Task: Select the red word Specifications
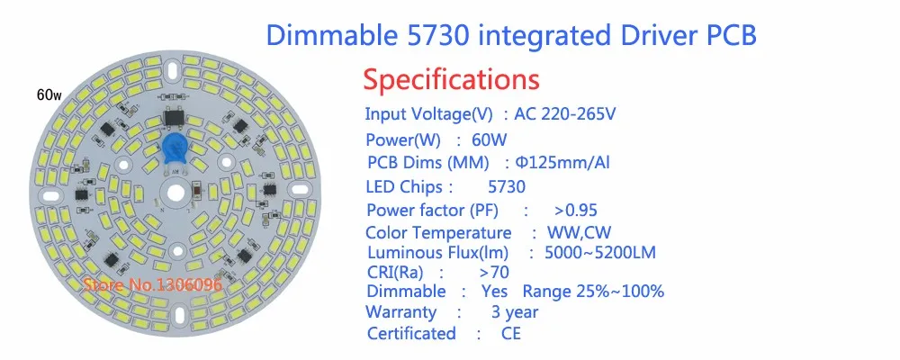point(451,78)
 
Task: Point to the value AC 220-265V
point(565,114)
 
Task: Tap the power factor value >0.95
point(576,211)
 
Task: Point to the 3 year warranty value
point(515,312)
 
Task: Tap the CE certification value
point(511,334)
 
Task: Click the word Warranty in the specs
point(401,312)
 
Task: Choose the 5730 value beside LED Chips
point(506,187)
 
